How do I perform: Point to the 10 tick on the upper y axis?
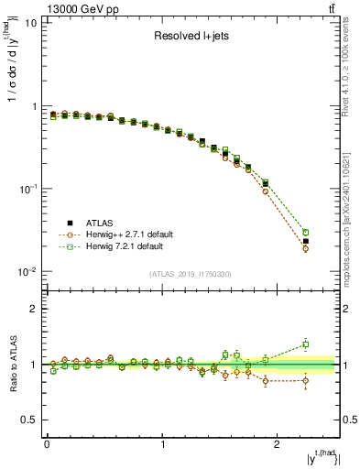[x=30, y=23]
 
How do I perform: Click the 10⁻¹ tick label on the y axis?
[x=27, y=189]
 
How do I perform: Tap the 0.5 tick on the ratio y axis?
[x=28, y=420]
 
